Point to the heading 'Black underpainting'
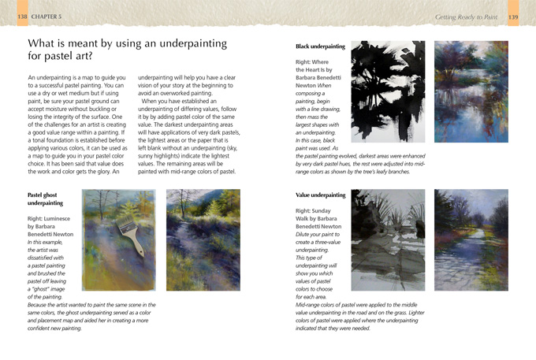point(320,47)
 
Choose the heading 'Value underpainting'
point(320,195)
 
